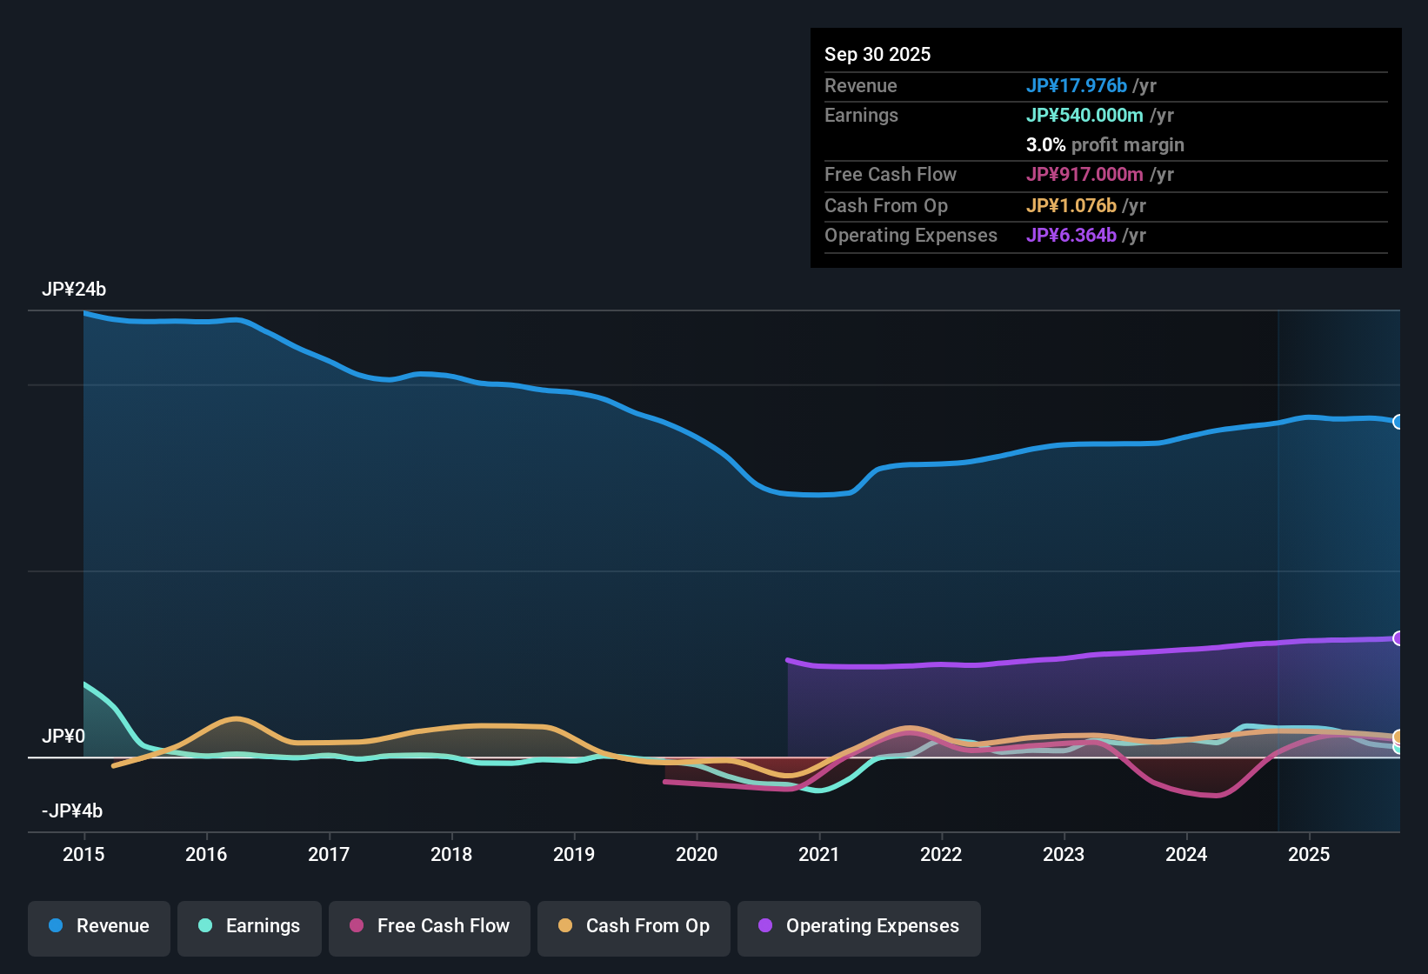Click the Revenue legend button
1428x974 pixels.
pyautogui.click(x=99, y=926)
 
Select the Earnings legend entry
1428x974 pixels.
pyautogui.click(x=250, y=926)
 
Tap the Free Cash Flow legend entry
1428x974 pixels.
pyautogui.click(x=430, y=926)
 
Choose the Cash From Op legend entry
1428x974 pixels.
pyautogui.click(x=634, y=926)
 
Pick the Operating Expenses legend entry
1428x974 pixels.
pyautogui.click(x=859, y=926)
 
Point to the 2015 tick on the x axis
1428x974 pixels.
pyautogui.click(x=83, y=854)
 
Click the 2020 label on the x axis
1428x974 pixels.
pyautogui.click(x=697, y=854)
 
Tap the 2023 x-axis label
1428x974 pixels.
pyautogui.click(x=1064, y=854)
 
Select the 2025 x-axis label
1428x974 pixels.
pyautogui.click(x=1309, y=854)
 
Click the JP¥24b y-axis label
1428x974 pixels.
pyautogui.click(x=74, y=290)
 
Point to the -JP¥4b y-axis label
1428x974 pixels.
pyautogui.click(x=72, y=811)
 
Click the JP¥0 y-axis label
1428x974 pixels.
pyautogui.click(x=63, y=737)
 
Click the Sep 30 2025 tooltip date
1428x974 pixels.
pyautogui.click(x=877, y=54)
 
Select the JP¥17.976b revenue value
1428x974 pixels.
pyautogui.click(x=1077, y=85)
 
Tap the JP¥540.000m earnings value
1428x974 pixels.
pyautogui.click(x=1084, y=115)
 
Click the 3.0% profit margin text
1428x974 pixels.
pyautogui.click(x=1104, y=144)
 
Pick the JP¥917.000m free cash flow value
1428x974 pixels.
pyautogui.click(x=1084, y=174)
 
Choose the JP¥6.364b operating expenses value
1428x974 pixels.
pyautogui.click(x=1071, y=235)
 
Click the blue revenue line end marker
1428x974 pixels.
pyautogui.click(x=1398, y=422)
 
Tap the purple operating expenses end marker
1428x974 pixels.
pyautogui.click(x=1398, y=638)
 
